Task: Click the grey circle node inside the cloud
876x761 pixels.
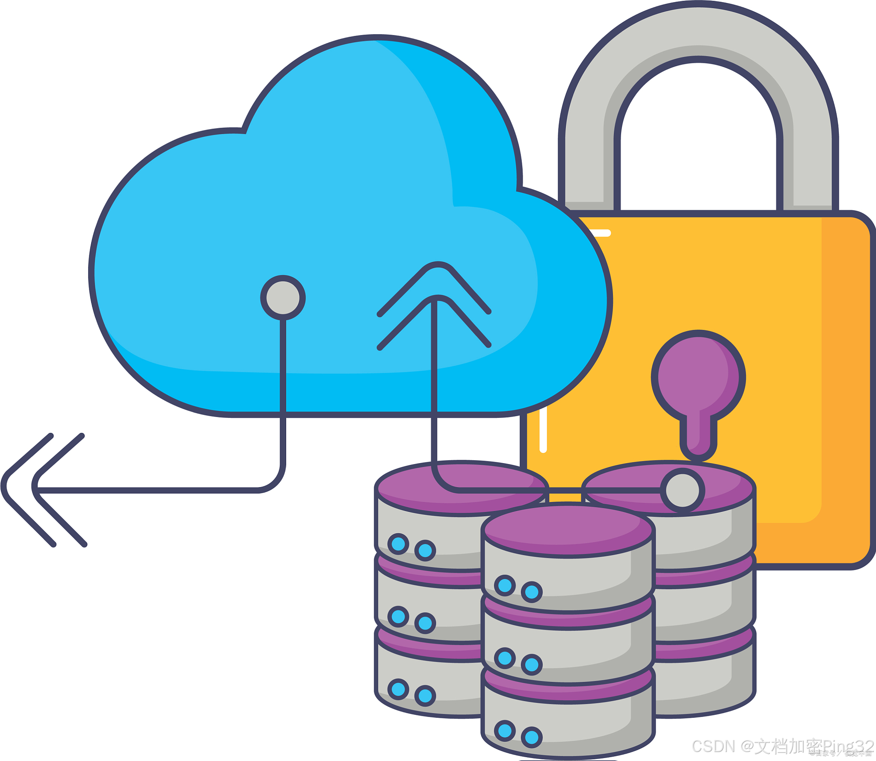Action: coord(283,298)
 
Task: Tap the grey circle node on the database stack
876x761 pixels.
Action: coord(682,491)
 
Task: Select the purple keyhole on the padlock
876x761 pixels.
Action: coord(698,385)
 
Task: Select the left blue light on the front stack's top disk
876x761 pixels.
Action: coord(505,585)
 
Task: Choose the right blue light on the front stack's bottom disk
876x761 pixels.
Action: coord(532,737)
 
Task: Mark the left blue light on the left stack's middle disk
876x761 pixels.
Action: coord(398,617)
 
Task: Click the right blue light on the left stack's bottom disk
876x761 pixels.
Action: coord(425,696)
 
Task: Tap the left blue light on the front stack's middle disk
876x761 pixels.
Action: coord(505,658)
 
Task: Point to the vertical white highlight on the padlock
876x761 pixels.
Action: coord(543,429)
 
